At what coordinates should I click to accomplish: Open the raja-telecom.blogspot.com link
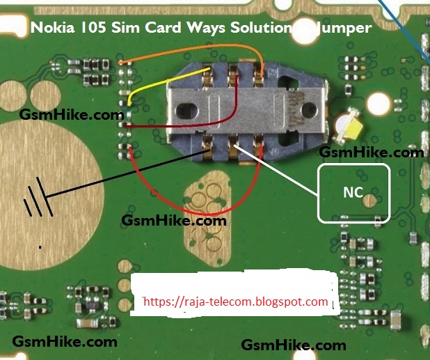pos(234,302)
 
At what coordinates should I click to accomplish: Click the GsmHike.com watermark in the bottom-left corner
pos(64,342)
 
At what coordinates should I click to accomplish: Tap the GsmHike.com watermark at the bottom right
pos(293,345)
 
